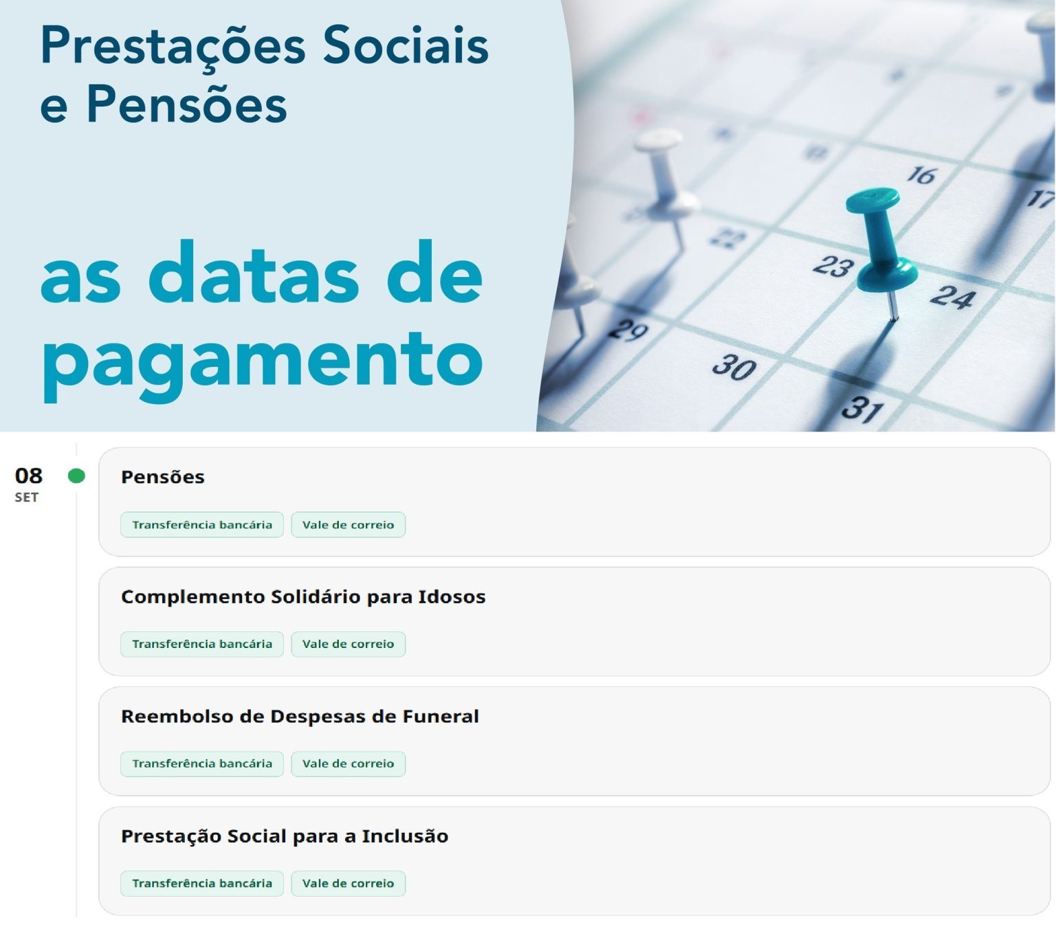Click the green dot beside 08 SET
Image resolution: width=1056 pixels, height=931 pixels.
tap(76, 475)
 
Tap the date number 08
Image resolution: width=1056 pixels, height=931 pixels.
tap(29, 475)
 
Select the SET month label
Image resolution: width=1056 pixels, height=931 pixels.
tap(27, 497)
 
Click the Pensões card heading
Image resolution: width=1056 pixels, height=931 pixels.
tap(163, 478)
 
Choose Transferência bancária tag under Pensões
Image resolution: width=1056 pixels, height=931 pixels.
tap(202, 525)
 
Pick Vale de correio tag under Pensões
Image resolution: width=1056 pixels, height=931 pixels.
tap(348, 525)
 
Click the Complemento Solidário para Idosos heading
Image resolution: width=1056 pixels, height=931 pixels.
tap(303, 597)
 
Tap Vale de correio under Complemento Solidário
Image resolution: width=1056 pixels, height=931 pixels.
tap(348, 644)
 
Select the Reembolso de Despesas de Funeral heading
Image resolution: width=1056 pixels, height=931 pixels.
tap(300, 717)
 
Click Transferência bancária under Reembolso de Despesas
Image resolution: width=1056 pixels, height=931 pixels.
tap(202, 764)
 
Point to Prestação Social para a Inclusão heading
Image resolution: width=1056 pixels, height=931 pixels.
tap(285, 836)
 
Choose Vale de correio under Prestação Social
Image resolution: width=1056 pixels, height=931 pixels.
tap(348, 883)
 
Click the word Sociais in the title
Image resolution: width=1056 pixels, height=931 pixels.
tap(406, 45)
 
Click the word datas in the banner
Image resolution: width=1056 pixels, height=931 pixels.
tap(254, 272)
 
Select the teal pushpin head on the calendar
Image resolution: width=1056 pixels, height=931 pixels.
tap(872, 200)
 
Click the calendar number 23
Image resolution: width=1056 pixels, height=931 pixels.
tap(834, 266)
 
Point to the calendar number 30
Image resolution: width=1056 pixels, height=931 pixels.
tap(734, 367)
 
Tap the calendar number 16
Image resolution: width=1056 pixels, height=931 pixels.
tap(921, 175)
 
